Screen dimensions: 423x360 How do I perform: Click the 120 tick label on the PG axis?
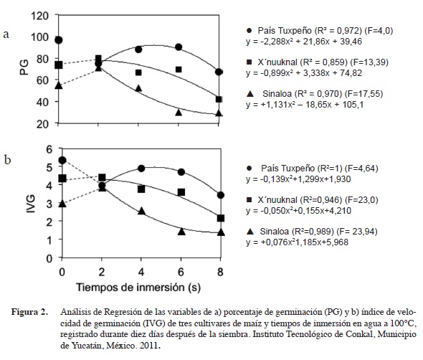click(40, 16)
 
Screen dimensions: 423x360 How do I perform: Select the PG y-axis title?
click(24, 67)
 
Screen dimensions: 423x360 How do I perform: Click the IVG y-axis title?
click(31, 204)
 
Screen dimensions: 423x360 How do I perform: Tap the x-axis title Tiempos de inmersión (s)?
click(138, 288)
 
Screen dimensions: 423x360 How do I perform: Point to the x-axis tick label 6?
click(181, 272)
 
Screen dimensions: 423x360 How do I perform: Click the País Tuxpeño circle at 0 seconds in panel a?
click(59, 40)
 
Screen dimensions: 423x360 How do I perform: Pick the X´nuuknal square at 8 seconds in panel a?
click(219, 99)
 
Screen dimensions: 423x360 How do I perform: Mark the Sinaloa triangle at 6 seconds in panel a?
click(179, 112)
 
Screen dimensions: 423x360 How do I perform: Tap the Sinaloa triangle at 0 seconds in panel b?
click(62, 204)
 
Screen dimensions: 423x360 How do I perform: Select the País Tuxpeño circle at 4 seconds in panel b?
click(141, 169)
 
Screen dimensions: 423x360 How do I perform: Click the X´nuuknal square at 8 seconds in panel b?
click(221, 218)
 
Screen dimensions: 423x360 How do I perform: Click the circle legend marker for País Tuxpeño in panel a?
click(249, 31)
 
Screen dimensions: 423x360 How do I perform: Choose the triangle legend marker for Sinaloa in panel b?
click(251, 231)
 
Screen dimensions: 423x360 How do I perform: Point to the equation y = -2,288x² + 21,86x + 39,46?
click(304, 42)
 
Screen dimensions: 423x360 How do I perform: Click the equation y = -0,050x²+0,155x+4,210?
click(298, 211)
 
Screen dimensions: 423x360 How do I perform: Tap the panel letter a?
click(6, 34)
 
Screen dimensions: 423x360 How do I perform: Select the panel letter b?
click(8, 159)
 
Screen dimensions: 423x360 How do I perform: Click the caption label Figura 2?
click(29, 312)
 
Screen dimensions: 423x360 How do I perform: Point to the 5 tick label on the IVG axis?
click(49, 167)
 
